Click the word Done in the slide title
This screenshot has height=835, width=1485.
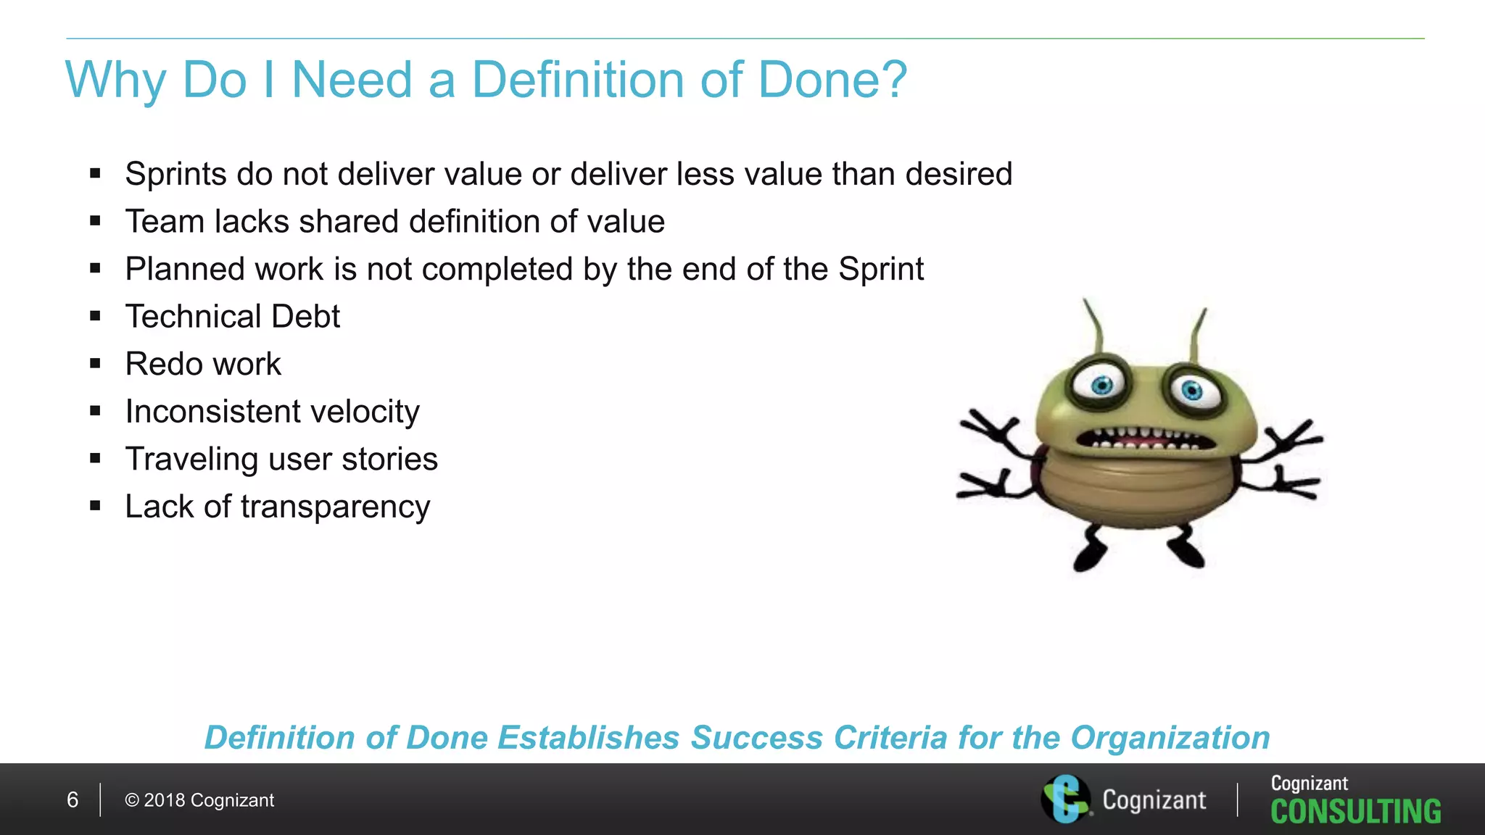pos(812,80)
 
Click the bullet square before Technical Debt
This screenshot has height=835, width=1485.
pos(95,316)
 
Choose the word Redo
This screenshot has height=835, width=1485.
pos(162,364)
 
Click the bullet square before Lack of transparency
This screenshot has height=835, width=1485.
pos(95,506)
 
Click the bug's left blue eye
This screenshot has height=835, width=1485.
pos(1101,385)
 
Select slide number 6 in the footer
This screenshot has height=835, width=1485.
pos(73,800)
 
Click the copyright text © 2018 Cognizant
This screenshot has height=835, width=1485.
pos(199,800)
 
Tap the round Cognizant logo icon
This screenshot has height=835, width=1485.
pos(1065,799)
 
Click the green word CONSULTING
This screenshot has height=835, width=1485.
pos(1355,812)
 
